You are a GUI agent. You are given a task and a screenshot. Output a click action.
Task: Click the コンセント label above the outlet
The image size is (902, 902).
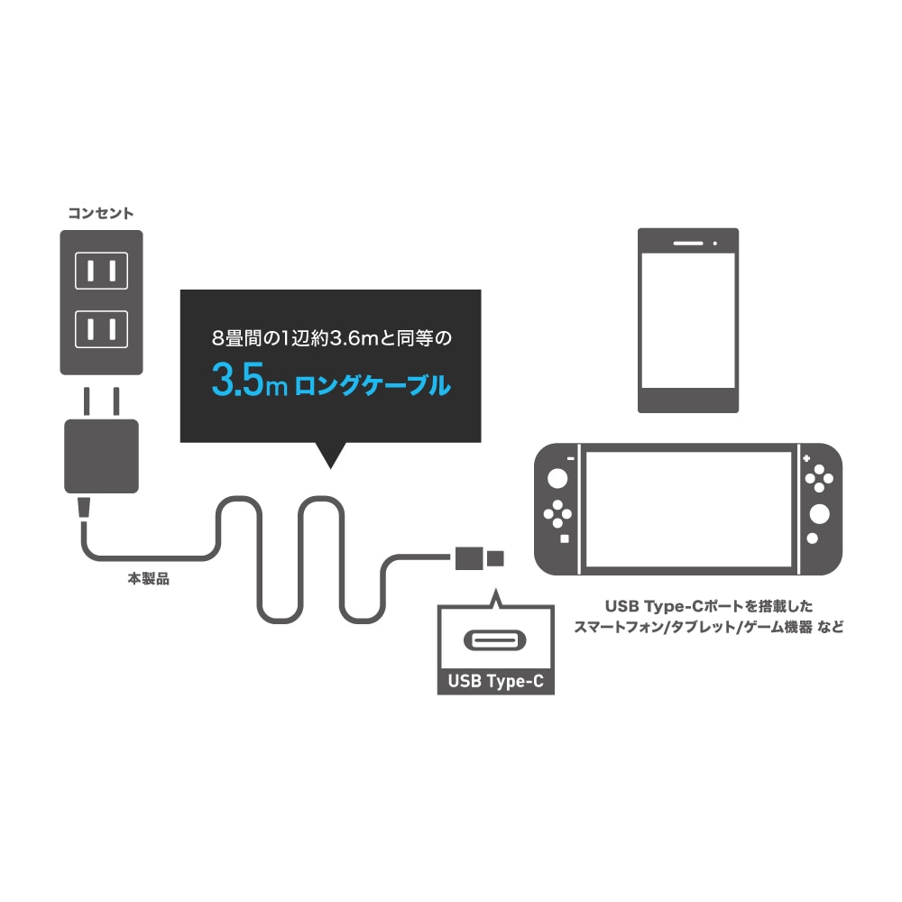(x=101, y=214)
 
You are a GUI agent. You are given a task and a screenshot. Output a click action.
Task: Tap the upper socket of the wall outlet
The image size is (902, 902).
(x=101, y=271)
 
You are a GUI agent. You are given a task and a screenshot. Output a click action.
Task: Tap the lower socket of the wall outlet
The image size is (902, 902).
(x=101, y=329)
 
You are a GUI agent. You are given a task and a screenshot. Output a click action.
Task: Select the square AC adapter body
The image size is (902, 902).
(x=101, y=456)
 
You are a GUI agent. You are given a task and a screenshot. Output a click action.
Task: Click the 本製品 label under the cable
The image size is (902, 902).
(x=149, y=579)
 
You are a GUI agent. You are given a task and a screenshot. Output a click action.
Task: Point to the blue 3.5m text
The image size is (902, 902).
(x=249, y=382)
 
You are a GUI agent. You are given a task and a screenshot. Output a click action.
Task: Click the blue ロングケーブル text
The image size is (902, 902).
(x=373, y=385)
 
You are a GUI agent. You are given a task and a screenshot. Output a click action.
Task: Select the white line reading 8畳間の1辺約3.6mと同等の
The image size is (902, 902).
(x=331, y=337)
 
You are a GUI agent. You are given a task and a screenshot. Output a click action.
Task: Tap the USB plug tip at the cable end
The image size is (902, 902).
(x=495, y=558)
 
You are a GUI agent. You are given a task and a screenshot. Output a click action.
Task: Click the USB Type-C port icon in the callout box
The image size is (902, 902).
(x=494, y=640)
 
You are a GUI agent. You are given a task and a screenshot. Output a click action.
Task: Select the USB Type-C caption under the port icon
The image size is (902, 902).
(x=495, y=681)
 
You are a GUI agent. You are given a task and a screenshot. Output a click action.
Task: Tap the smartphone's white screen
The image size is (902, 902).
(x=688, y=320)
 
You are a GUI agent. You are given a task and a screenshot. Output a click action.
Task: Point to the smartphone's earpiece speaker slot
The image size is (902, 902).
(x=688, y=244)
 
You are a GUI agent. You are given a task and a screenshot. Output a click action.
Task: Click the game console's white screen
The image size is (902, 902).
(x=688, y=509)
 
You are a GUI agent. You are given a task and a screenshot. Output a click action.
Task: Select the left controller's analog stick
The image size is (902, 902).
(x=557, y=478)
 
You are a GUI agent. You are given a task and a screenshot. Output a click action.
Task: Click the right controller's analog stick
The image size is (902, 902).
(x=819, y=514)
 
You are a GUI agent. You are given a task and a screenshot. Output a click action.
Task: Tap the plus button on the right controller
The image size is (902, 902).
(x=805, y=458)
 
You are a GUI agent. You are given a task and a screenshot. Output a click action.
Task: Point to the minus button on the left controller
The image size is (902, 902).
(x=571, y=458)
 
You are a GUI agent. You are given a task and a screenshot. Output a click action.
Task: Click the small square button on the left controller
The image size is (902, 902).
(x=565, y=539)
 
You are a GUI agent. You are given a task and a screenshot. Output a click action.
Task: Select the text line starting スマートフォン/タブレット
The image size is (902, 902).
(x=709, y=627)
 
